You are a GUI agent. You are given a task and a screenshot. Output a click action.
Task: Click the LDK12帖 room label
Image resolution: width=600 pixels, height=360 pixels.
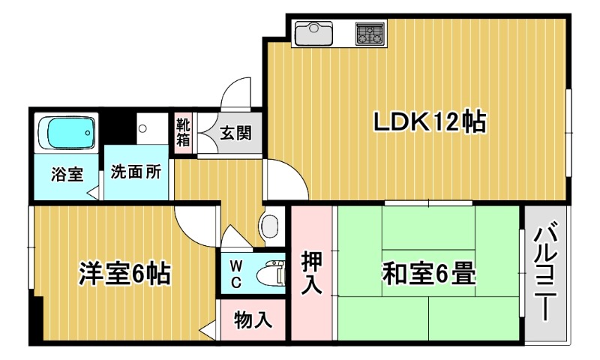click(x=429, y=122)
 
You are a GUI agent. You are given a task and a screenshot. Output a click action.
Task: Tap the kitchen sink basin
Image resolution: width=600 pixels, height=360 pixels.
click(x=313, y=32)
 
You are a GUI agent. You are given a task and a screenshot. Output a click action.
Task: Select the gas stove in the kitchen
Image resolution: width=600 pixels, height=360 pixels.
click(x=370, y=33)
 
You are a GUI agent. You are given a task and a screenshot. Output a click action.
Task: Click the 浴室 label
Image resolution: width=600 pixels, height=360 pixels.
click(x=67, y=175)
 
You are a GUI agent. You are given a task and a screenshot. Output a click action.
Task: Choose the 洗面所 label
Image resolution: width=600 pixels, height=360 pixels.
click(x=136, y=172)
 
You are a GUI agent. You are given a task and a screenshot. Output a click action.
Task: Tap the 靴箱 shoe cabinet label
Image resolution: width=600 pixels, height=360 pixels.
click(x=183, y=132)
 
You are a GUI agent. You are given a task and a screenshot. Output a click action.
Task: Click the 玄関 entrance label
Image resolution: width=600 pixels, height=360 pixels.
click(x=235, y=133)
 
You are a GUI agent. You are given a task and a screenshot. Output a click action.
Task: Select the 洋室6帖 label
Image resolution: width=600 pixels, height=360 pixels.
click(x=124, y=273)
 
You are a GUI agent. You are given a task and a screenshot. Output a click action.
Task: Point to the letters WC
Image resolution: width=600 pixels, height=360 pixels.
click(x=235, y=274)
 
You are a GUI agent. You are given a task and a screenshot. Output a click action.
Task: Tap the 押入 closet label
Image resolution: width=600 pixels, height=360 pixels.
click(x=311, y=272)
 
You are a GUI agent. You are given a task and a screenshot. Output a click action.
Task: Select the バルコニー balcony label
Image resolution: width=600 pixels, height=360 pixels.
click(x=545, y=274)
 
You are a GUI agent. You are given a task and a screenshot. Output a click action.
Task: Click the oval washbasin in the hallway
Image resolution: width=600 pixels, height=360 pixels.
click(x=270, y=226)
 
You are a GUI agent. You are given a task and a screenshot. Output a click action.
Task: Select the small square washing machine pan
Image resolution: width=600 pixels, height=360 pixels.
click(x=152, y=128)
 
